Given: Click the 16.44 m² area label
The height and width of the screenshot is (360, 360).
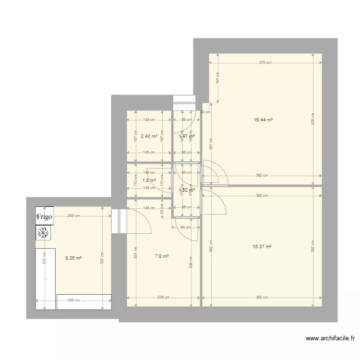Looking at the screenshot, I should (263, 120).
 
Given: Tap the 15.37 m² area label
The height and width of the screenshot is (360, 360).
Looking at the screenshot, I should (262, 247).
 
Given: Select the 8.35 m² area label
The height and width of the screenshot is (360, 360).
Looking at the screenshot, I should (73, 258).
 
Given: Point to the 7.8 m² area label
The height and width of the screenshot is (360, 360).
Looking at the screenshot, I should (162, 256).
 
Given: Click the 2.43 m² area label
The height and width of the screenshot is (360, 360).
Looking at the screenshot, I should (149, 136).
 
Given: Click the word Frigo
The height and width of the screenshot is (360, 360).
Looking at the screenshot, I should (45, 217).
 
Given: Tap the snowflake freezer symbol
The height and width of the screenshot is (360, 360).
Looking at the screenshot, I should (44, 233).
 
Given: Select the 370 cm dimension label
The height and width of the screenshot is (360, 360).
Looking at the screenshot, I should (265, 63).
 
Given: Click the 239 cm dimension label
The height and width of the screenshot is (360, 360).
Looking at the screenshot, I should (164, 298).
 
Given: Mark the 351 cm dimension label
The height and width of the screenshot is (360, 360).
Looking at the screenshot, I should (135, 252).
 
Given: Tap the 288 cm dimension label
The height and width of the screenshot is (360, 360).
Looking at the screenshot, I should (192, 262).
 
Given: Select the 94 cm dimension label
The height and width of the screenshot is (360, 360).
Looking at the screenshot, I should (185, 228).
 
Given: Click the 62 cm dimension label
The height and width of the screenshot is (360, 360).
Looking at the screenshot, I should (163, 208).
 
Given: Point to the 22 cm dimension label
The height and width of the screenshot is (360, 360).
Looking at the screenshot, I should (205, 112).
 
